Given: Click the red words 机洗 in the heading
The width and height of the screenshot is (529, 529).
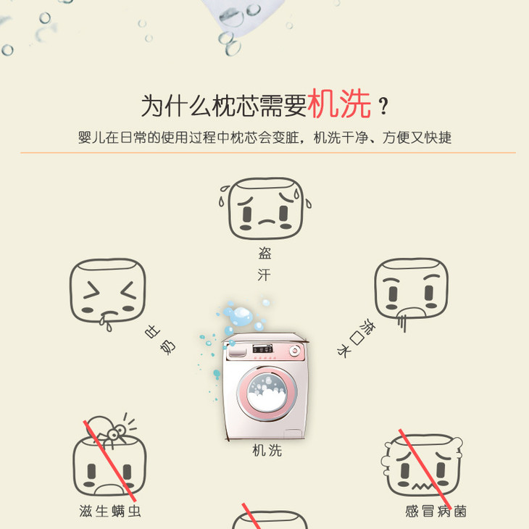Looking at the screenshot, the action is tap(339, 104).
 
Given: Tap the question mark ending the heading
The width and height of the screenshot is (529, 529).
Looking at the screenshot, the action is tap(383, 106).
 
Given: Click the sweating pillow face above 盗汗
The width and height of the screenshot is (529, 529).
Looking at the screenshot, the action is tap(265, 208).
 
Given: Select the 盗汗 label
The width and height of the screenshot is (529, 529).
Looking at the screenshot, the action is tap(264, 264).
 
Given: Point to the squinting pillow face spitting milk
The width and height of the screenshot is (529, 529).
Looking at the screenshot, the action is tap(108, 293).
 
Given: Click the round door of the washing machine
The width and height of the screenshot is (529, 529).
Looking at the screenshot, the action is tap(267, 393).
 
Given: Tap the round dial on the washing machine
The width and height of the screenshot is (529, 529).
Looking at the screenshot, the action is tap(294, 351).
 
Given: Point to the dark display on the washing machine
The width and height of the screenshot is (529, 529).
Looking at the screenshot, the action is tap(262, 349).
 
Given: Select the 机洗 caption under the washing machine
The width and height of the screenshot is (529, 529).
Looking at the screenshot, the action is tap(267, 451).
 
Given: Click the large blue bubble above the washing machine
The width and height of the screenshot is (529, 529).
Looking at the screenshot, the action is tap(241, 316).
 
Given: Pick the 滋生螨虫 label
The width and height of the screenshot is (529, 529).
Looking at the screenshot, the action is tap(110, 511).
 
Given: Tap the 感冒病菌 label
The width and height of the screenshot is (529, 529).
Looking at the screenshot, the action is tap(436, 511).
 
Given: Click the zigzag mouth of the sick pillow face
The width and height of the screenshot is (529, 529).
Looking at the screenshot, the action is tap(421, 486).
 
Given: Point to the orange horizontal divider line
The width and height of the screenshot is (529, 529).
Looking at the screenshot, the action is tap(268, 153).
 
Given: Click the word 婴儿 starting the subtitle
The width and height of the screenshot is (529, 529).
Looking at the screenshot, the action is tap(91, 138).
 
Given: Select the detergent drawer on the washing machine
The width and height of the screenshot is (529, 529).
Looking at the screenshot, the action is tap(237, 352).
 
